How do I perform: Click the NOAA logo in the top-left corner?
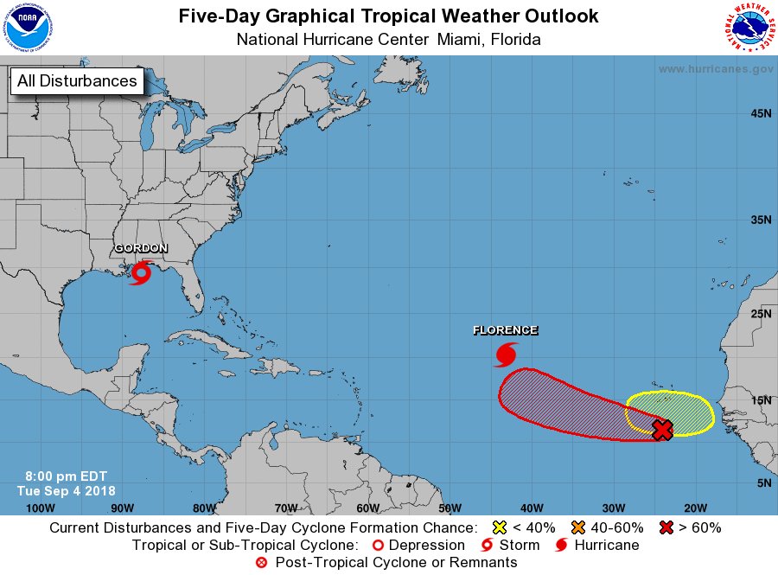pyautogui.click(x=26, y=27)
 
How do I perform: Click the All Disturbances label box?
pyautogui.click(x=77, y=81)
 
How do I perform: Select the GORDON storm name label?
pyautogui.click(x=141, y=249)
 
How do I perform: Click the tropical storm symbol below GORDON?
pyautogui.click(x=140, y=272)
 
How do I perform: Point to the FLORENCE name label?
pyautogui.click(x=505, y=330)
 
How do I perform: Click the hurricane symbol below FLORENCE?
pyautogui.click(x=506, y=354)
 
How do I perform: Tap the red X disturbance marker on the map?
pyautogui.click(x=662, y=430)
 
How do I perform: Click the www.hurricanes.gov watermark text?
pyautogui.click(x=715, y=69)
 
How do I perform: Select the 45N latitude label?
pyautogui.click(x=760, y=113)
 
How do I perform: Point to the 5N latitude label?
pyautogui.click(x=763, y=482)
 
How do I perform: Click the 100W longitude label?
pyautogui.click(x=40, y=508)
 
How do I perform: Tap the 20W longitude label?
pyautogui.click(x=695, y=508)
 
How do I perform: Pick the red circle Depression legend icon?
pyautogui.click(x=377, y=546)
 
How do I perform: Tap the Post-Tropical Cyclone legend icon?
pyautogui.click(x=262, y=563)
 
